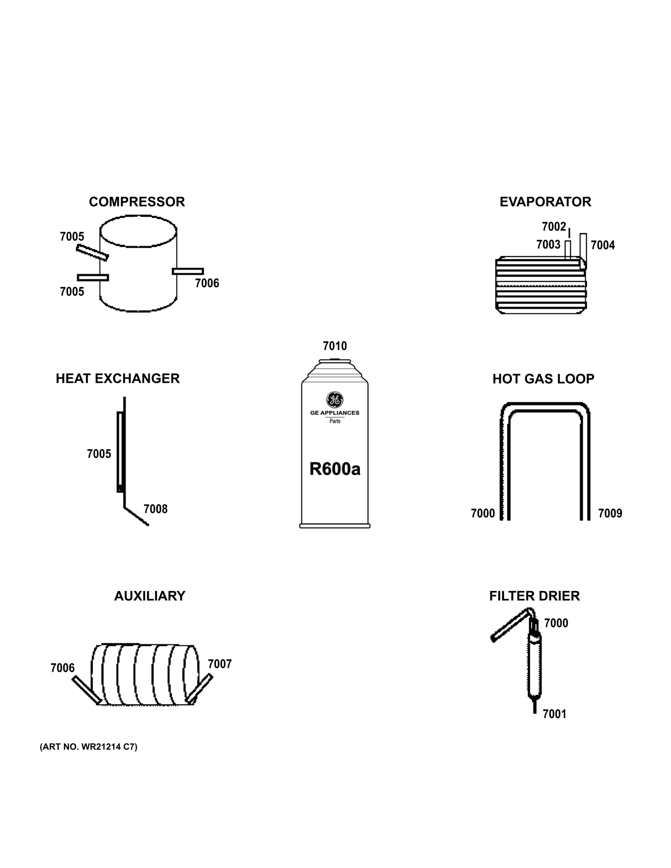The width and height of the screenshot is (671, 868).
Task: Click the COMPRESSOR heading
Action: [x=137, y=202]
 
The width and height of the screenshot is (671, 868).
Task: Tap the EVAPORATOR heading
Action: [x=545, y=202]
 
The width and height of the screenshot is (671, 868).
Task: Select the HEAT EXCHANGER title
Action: [x=118, y=378]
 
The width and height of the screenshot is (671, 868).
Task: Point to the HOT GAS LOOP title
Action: [x=543, y=379]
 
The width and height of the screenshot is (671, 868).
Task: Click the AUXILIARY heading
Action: [x=149, y=596]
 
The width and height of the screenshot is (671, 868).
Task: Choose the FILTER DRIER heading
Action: [x=534, y=596]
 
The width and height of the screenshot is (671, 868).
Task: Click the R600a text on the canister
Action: [x=335, y=469]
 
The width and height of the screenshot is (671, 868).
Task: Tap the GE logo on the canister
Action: [x=335, y=400]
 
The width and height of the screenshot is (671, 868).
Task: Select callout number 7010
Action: [x=335, y=346]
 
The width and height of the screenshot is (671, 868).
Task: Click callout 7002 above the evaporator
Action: [x=554, y=226]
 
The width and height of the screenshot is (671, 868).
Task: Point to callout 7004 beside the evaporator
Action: [x=603, y=245]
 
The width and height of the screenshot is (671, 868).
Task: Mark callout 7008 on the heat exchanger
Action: [x=156, y=509]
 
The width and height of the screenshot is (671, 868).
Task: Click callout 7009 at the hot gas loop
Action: [x=610, y=514]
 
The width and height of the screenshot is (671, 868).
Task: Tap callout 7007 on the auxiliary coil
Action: [x=220, y=664]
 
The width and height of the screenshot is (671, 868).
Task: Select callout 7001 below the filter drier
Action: [x=555, y=714]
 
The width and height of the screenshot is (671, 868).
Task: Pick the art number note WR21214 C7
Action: [x=88, y=747]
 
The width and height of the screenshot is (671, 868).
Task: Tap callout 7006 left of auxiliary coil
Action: [x=63, y=668]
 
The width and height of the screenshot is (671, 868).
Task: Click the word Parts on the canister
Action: [x=335, y=421]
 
